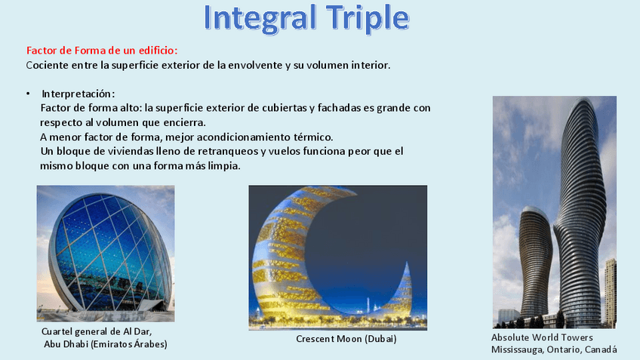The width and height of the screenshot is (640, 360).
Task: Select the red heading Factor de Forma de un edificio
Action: click(x=102, y=50)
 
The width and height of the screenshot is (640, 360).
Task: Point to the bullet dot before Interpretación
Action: click(x=27, y=94)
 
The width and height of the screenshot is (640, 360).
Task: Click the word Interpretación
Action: click(x=78, y=94)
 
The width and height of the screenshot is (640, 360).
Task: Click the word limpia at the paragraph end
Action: click(x=223, y=166)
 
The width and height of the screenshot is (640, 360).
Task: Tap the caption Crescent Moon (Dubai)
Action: click(x=346, y=339)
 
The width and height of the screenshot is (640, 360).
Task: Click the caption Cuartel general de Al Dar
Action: click(x=102, y=332)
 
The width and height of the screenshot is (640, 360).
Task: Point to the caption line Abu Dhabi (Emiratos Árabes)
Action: click(x=106, y=344)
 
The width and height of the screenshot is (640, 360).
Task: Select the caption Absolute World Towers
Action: click(x=542, y=337)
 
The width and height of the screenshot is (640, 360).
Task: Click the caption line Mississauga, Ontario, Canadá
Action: click(x=553, y=349)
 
